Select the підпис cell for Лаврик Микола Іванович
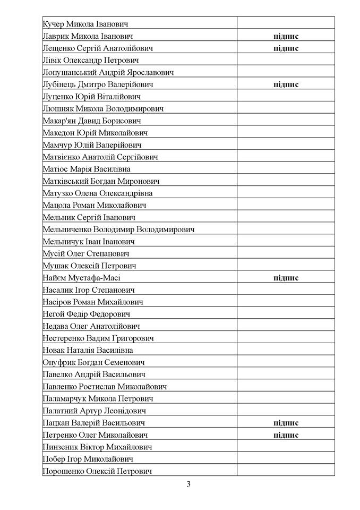point(286,36)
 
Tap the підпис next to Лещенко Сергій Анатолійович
point(286,48)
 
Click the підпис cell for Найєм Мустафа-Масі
point(286,278)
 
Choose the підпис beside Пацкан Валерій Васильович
point(286,423)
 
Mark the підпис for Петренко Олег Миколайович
point(286,435)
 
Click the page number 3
point(188,484)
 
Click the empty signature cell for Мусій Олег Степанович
point(286,254)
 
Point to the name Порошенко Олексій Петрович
point(98,471)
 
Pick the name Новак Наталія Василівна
point(88,350)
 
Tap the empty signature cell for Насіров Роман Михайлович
point(286,302)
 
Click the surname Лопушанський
point(69,72)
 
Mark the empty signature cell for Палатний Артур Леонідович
point(286,411)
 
